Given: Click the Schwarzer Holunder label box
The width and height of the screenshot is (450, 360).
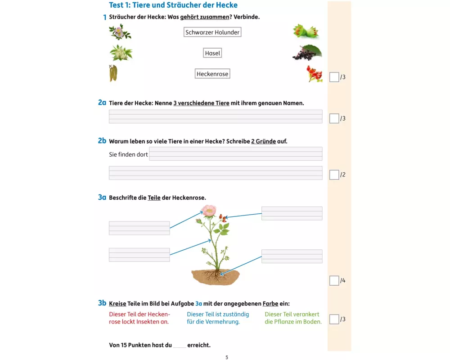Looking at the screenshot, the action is (x=212, y=32).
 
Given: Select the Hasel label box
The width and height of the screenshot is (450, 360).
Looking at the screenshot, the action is (x=212, y=53).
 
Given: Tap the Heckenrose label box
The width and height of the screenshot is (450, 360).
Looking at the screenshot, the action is (x=212, y=74).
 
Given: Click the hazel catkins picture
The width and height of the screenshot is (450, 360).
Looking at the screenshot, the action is (x=113, y=73).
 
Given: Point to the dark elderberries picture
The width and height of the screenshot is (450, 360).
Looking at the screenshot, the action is (x=307, y=53).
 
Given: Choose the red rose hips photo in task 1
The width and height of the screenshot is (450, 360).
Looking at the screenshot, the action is (x=314, y=74).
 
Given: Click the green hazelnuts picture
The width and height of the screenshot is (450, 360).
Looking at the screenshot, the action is (x=306, y=31).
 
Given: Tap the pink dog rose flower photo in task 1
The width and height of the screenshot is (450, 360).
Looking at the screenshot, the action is (x=120, y=31).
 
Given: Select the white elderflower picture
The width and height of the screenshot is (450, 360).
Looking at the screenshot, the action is (x=121, y=53).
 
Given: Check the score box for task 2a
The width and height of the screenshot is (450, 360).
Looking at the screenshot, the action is (x=334, y=118).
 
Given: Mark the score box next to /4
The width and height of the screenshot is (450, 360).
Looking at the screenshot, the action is (x=334, y=280).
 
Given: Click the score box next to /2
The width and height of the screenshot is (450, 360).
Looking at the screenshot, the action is (x=334, y=175).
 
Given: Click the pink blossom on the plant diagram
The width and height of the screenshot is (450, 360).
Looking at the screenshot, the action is (x=209, y=211).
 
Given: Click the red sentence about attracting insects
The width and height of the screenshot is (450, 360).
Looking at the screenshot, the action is (x=139, y=318).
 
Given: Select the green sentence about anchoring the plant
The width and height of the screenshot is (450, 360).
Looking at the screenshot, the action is (x=293, y=318).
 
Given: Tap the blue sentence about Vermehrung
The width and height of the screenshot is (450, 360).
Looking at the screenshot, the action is (x=218, y=318).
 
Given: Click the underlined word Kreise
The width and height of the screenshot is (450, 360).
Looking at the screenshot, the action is (x=117, y=303).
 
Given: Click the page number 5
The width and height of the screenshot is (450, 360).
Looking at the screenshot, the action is (x=227, y=357).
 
